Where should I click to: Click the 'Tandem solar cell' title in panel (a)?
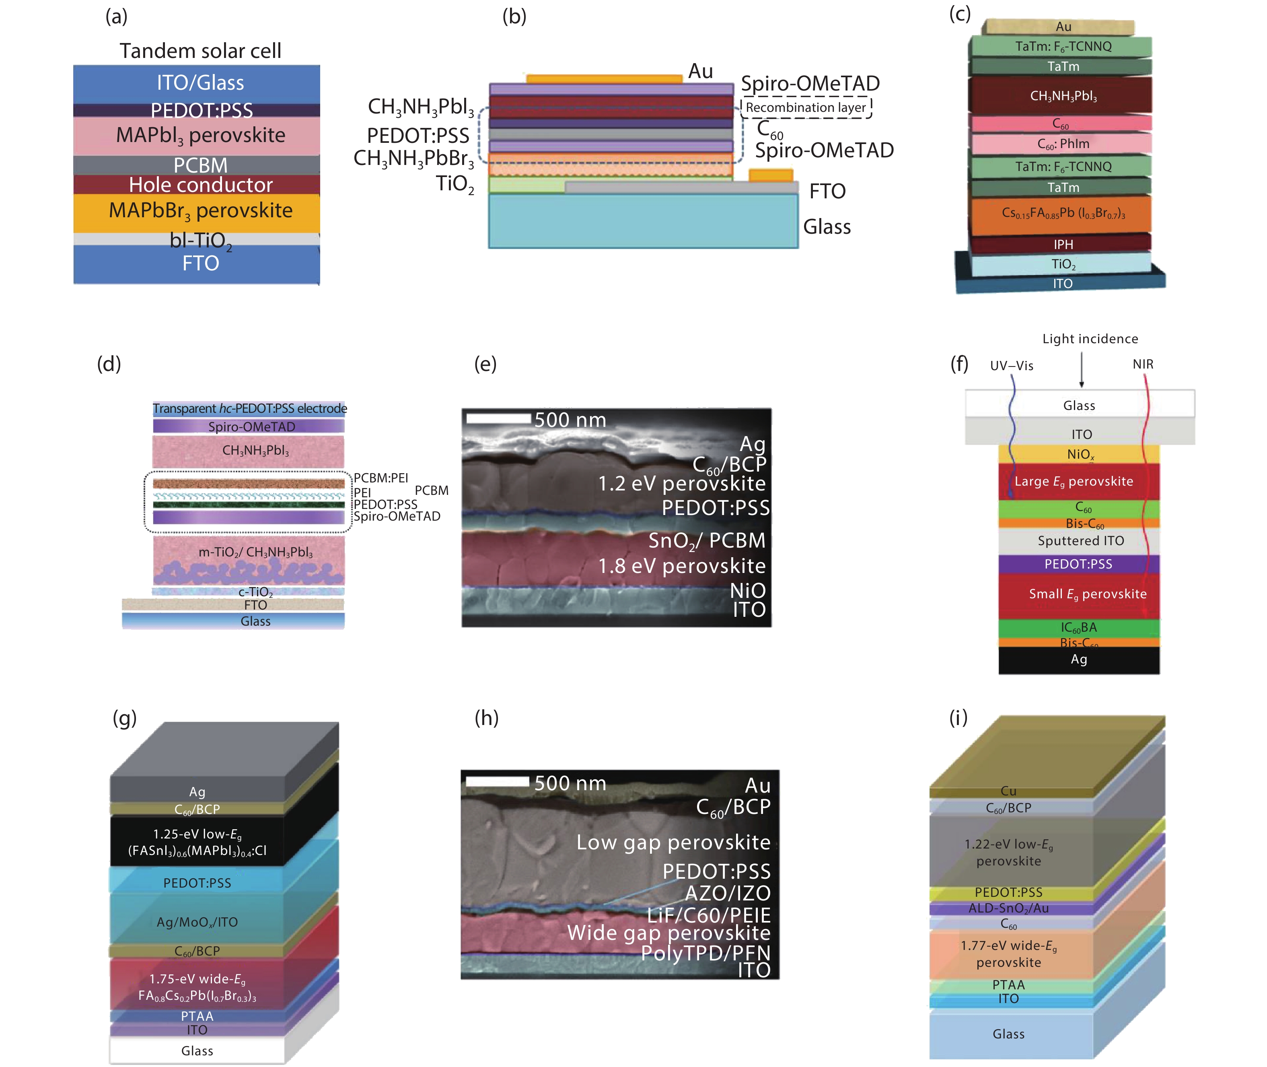[200, 51]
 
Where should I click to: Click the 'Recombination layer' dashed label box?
[806, 108]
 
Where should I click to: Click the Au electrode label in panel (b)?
[700, 71]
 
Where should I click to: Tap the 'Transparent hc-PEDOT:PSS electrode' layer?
[249, 408]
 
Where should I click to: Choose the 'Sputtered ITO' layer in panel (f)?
[1080, 541]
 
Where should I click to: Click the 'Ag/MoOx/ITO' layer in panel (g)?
[197, 922]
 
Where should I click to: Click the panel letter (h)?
[486, 718]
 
